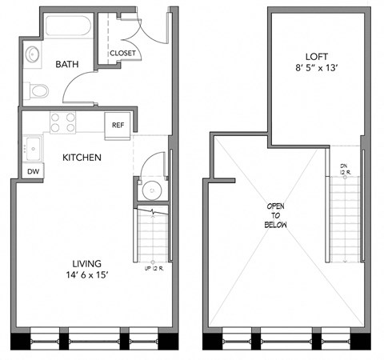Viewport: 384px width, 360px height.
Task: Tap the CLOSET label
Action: (122, 54)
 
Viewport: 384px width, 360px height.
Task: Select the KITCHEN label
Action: (82, 158)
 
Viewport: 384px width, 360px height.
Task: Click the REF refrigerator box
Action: (118, 126)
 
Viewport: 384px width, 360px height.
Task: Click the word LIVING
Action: (86, 263)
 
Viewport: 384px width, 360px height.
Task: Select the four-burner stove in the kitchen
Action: (63, 122)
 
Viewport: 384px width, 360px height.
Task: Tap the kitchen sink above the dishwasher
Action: (34, 147)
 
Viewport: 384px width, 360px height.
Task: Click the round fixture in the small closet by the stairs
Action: (147, 191)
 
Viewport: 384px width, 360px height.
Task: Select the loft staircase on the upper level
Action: (344, 220)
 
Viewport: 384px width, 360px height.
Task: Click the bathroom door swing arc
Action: (78, 82)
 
